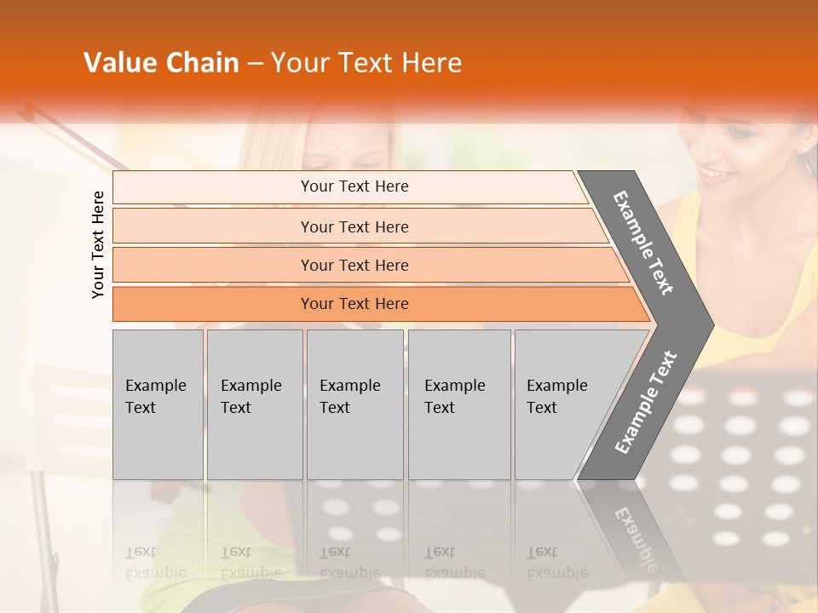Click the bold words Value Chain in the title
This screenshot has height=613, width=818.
(x=161, y=63)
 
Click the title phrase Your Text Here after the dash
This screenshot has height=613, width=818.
(x=366, y=63)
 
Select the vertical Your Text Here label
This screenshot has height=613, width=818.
(x=98, y=244)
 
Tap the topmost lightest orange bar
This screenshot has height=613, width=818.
(x=354, y=186)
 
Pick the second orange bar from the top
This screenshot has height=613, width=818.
(x=354, y=226)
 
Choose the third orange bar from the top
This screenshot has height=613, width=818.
(x=354, y=265)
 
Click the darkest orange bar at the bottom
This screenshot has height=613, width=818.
(x=354, y=304)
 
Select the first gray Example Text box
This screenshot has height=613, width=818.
(x=158, y=404)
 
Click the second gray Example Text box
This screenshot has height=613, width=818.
(x=254, y=404)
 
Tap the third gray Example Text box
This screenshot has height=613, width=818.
(x=354, y=404)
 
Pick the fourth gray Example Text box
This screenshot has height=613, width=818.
(x=459, y=404)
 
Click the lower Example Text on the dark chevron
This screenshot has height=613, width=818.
(x=646, y=402)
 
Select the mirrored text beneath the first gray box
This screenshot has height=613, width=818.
(x=156, y=562)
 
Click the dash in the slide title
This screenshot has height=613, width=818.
(x=255, y=63)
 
